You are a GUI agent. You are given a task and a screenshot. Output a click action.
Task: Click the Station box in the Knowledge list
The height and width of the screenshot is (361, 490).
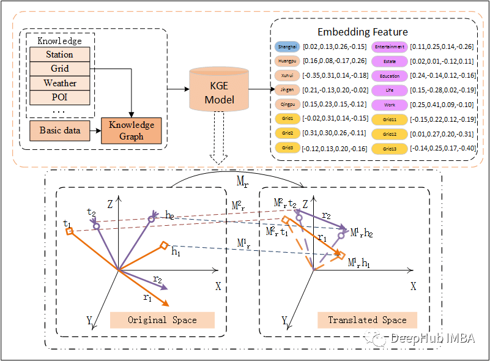60,54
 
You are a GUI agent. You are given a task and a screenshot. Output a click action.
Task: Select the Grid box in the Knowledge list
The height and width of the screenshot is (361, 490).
60,69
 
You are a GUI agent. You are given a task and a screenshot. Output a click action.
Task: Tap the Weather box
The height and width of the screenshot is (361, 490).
60,83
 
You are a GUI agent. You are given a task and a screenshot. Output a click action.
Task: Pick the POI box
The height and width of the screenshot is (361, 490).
60,97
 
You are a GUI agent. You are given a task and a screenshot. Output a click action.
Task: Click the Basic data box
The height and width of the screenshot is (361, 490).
59,130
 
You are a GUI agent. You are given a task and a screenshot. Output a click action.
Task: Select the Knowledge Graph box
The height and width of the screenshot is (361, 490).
132,130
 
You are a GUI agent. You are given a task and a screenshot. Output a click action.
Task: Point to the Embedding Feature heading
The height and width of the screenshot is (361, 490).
362,31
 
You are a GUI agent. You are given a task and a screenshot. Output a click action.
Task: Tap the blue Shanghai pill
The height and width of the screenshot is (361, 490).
286,47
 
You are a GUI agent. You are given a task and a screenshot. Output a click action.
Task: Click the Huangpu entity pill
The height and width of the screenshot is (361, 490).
286,61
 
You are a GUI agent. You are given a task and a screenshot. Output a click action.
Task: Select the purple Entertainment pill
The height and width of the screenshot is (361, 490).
390,47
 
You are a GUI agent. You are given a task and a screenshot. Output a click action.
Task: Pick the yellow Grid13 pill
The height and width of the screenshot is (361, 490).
390,148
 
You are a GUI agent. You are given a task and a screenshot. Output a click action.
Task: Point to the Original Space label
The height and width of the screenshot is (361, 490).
162,320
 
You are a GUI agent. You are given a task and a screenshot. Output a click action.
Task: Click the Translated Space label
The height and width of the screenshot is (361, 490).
367,320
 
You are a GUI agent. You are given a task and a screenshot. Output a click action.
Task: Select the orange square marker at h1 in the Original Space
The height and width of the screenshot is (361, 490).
163,245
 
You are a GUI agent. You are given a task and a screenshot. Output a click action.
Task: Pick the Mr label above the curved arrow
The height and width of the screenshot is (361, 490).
243,182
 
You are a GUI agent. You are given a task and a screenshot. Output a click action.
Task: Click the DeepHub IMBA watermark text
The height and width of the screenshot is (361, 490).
431,339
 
